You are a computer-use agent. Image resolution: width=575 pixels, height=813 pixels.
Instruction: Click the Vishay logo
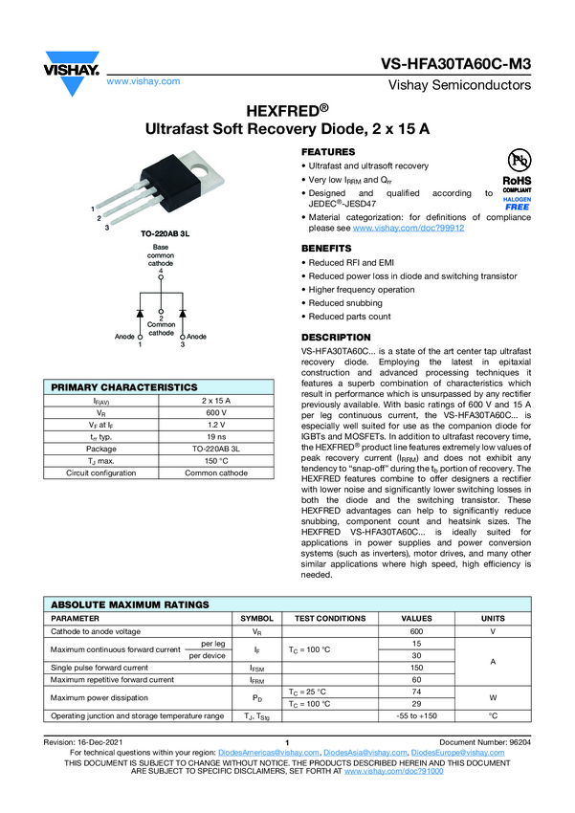coord(72,73)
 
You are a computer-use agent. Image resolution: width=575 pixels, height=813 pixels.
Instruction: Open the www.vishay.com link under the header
coord(144,81)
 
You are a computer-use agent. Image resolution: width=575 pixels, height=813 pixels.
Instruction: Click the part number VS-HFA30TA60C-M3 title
coord(455,64)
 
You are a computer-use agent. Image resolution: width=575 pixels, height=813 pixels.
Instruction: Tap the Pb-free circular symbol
coord(519,161)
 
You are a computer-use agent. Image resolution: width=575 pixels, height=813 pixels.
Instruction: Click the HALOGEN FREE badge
coord(517,203)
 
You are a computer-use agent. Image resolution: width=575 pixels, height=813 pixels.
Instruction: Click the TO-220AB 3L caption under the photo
coord(165,233)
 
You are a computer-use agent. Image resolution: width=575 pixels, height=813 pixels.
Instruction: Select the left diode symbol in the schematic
coord(140,313)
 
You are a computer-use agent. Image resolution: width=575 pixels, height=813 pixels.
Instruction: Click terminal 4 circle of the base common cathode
coord(161,277)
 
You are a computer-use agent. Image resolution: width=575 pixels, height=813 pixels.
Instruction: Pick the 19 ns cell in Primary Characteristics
coord(216,436)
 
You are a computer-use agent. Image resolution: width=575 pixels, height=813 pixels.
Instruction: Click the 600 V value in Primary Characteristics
coord(216,413)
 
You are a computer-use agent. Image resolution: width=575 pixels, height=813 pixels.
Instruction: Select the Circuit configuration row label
coord(101,472)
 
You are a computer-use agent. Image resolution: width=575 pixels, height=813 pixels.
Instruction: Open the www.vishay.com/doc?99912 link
coord(409,229)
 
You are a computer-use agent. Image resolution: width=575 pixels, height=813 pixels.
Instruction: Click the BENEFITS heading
coord(326,249)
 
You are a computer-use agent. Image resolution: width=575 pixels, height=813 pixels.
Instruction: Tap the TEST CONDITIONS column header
coord(330,619)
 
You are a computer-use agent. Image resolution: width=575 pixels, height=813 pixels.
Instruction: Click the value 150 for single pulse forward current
coord(417,668)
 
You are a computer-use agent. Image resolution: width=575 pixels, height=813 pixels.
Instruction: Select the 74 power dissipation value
coord(417,692)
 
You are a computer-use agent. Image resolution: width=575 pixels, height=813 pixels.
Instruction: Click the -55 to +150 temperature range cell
coord(417,716)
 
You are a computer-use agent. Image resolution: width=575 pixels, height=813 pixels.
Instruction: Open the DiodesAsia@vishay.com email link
coord(365,753)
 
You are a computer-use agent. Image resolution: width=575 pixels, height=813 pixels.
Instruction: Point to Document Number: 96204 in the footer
coord(485,742)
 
